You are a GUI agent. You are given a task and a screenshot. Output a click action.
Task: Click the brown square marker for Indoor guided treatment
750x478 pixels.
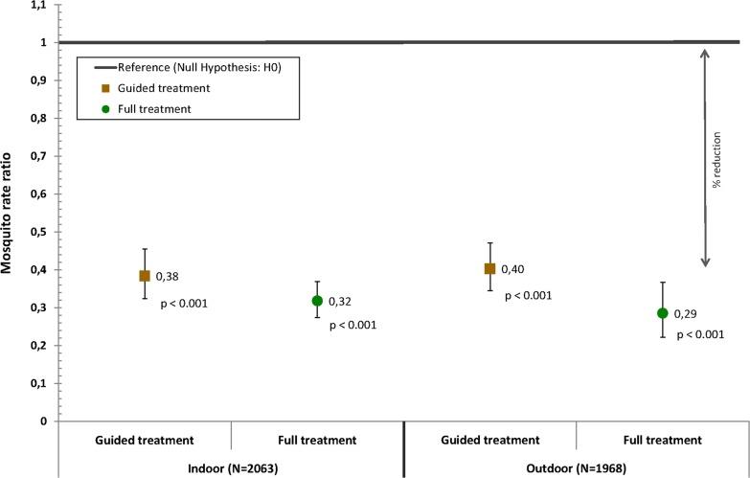click(x=145, y=276)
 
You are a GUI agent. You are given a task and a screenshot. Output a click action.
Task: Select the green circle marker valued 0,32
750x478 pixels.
click(x=317, y=301)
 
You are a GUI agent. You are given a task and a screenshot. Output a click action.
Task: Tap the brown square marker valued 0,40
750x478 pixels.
click(x=489, y=269)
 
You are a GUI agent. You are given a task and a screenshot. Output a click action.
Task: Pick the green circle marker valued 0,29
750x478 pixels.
click(x=662, y=313)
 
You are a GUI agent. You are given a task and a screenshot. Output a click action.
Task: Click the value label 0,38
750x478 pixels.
click(x=168, y=277)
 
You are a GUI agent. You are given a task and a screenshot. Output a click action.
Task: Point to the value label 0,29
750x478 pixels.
click(x=686, y=314)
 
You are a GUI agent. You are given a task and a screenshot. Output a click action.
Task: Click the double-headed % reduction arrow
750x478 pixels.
click(x=704, y=158)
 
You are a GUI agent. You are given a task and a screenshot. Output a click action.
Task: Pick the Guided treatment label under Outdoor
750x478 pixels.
click(x=489, y=440)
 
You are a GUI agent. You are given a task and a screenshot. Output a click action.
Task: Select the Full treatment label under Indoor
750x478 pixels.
click(x=317, y=440)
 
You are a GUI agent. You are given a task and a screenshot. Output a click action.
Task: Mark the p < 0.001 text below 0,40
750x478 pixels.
click(x=528, y=295)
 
